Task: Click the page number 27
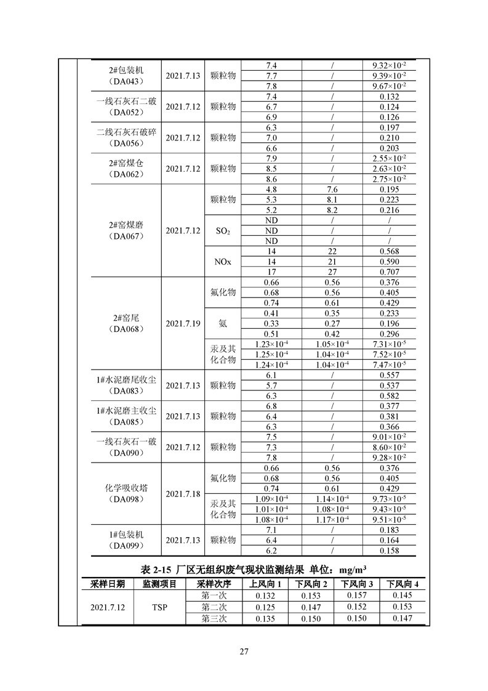[244, 652]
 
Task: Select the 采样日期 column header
[108, 583]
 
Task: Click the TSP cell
[160, 607]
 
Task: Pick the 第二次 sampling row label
[214, 607]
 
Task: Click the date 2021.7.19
[183, 323]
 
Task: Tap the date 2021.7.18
[183, 494]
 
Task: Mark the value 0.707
[390, 272]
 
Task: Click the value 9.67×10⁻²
[390, 86]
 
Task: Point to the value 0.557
[390, 375]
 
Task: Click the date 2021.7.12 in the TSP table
[108, 607]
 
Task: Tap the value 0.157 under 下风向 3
[356, 596]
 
